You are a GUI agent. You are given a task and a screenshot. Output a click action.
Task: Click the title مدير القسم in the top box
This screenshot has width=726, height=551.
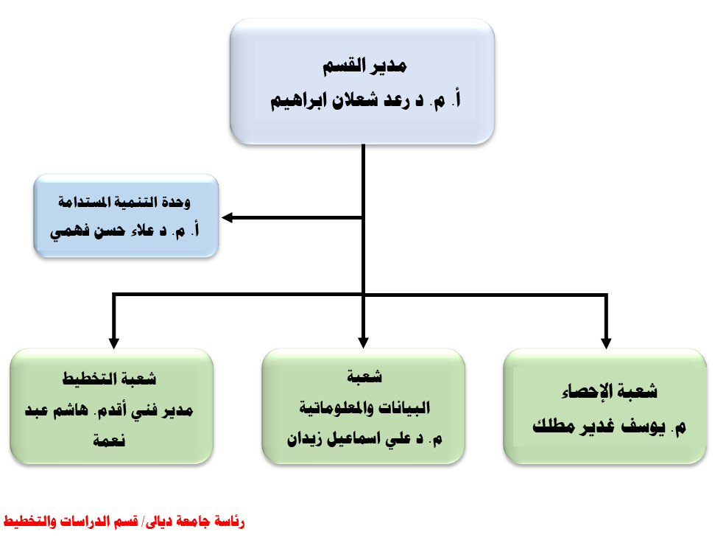pyautogui.click(x=364, y=66)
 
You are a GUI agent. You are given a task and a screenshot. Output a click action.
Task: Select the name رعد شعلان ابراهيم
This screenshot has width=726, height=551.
pyautogui.click(x=340, y=100)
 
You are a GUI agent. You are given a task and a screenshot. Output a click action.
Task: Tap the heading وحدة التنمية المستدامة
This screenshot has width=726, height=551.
pyautogui.click(x=124, y=202)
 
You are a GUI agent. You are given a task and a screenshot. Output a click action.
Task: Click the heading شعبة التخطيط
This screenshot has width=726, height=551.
pyautogui.click(x=109, y=379)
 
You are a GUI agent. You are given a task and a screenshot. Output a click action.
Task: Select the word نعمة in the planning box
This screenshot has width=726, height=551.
pyautogui.click(x=109, y=440)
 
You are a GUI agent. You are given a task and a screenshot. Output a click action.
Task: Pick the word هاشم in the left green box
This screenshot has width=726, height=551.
pyautogui.click(x=70, y=410)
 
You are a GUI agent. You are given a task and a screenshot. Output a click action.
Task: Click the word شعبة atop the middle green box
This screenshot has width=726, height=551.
pyautogui.click(x=364, y=376)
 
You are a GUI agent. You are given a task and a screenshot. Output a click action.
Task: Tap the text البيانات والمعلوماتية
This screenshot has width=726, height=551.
pyautogui.click(x=364, y=407)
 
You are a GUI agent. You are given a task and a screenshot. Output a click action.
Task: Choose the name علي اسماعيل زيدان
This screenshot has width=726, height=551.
pyautogui.click(x=349, y=438)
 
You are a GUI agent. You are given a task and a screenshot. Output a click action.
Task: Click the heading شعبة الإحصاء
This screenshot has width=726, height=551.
pyautogui.click(x=610, y=391)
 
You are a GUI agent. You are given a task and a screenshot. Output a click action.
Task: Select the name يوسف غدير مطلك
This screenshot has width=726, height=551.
pyautogui.click(x=599, y=426)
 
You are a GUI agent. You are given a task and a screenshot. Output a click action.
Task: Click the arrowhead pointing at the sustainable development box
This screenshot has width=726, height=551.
pyautogui.click(x=228, y=217)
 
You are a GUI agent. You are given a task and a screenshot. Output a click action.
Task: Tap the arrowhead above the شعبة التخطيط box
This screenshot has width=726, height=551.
pyautogui.click(x=114, y=343)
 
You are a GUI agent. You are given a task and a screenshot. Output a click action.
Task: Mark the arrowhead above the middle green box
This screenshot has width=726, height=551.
pyautogui.click(x=364, y=343)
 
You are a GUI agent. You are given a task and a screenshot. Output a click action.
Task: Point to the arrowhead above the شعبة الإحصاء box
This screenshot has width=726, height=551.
pyautogui.click(x=606, y=343)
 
